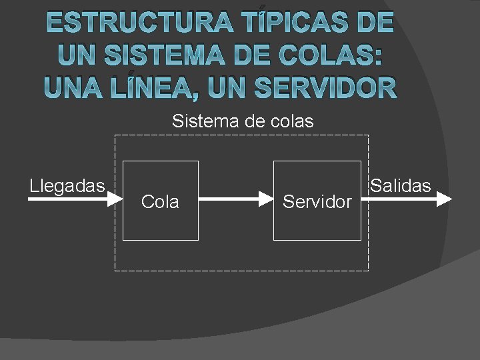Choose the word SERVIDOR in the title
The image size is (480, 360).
pos(327,87)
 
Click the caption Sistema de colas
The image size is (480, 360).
pos(243,121)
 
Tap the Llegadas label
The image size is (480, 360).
pos(67,185)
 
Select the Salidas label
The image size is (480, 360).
pos(401,185)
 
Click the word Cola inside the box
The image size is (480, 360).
pos(160,202)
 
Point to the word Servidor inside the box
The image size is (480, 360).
pos(317,202)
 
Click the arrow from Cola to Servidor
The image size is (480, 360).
pos(233,199)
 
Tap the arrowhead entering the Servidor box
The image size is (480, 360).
pos(267,199)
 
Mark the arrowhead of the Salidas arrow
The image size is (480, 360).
pos(445,199)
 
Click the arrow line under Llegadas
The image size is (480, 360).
pos(67,199)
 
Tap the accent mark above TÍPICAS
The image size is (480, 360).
pos(263,8)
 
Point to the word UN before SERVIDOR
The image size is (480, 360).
pos(229,87)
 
